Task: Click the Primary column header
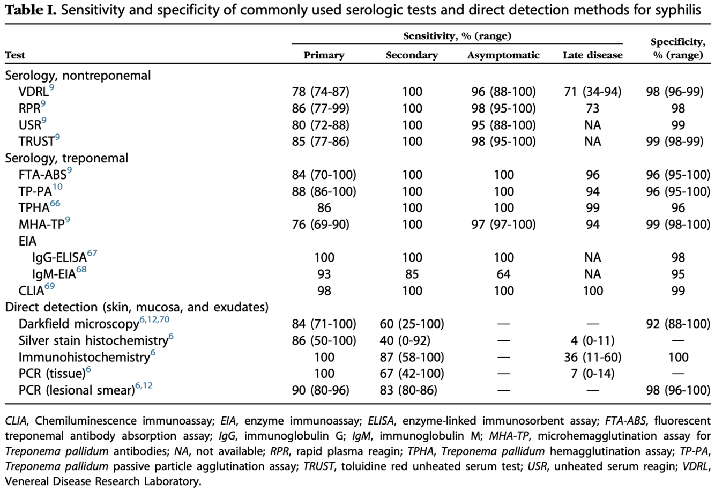tap(324, 55)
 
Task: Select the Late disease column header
tap(592, 55)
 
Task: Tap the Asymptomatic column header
tap(503, 55)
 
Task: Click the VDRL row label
tap(33, 92)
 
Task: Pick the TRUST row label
tap(36, 142)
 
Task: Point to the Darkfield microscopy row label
tap(79, 324)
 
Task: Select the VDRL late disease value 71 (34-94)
tap(592, 92)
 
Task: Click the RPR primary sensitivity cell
tap(321, 109)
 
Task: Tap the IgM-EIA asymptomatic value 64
tap(503, 274)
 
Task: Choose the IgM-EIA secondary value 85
tap(412, 274)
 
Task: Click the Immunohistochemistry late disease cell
tap(592, 358)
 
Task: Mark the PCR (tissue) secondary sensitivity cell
tap(412, 374)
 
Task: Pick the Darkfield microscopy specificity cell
tap(677, 324)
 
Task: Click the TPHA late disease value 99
tap(592, 208)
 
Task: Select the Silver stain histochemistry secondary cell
tap(412, 341)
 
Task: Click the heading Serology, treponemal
tap(66, 158)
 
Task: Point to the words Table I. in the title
tap(30, 10)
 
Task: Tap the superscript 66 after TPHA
tap(55, 204)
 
